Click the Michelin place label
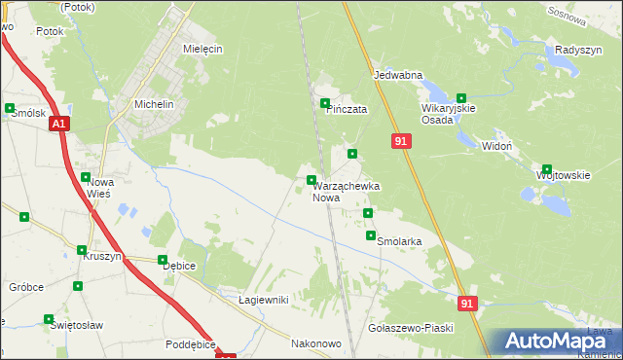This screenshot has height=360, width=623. click(x=153, y=104)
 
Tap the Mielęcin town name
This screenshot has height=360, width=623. click(x=203, y=48)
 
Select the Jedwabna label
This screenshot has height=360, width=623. click(x=397, y=74)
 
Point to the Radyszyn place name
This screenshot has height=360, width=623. click(x=574, y=50)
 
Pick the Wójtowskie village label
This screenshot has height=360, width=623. click(x=564, y=175)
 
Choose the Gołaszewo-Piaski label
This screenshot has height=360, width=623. click(x=411, y=328)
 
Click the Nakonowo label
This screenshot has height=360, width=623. click(x=315, y=343)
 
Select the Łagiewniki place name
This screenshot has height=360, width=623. click(x=263, y=300)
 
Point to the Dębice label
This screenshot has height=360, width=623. click(x=179, y=266)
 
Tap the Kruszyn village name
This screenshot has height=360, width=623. click(x=101, y=256)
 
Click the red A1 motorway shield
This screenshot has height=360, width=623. click(x=59, y=124)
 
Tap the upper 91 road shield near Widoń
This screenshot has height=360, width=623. click(x=401, y=142)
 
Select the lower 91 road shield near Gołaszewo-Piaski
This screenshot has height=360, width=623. click(x=468, y=304)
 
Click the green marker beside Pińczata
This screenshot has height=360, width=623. click(x=325, y=103)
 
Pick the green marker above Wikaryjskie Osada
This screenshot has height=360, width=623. click(x=461, y=97)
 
